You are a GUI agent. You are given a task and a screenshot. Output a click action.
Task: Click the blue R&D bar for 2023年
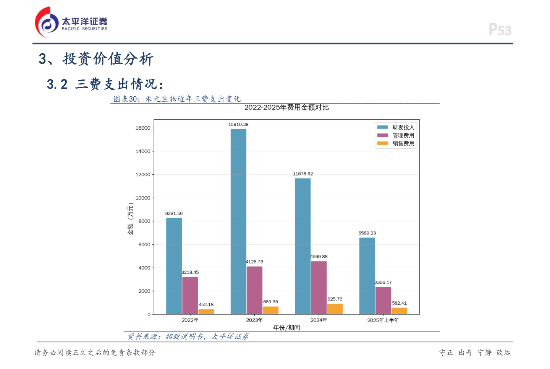[238, 222]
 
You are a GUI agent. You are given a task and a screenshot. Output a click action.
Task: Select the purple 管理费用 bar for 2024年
[319, 288]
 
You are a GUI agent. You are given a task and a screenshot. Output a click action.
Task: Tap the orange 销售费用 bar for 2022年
[206, 312]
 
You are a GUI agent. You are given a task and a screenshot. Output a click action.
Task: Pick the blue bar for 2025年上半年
[367, 276]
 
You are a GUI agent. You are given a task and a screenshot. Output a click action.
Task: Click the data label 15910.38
[238, 125]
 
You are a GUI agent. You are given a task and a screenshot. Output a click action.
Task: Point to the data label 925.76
[335, 299]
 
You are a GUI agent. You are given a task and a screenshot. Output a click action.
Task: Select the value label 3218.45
[190, 272]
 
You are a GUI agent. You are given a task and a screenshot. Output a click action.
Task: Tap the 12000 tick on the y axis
[143, 175]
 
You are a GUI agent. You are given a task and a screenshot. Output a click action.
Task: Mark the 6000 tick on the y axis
[144, 245]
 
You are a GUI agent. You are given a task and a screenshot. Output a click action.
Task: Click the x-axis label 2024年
[319, 320]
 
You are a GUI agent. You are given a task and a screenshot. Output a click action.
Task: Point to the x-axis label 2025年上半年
[383, 320]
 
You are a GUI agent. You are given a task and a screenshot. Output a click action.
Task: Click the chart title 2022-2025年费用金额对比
[286, 107]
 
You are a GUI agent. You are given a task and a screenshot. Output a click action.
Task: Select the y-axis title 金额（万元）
[131, 219]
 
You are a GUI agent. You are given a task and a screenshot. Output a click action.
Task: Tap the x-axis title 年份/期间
[286, 328]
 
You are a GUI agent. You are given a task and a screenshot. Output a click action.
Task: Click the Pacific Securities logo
[71, 22]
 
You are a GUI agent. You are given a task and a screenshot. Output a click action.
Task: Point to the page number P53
[500, 29]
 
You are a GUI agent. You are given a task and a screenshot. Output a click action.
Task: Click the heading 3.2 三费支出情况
[105, 84]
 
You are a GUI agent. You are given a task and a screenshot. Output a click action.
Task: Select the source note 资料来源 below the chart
[188, 336]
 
